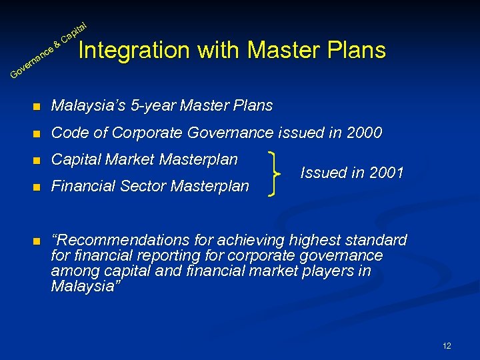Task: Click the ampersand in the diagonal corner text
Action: click(x=57, y=45)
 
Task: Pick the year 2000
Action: click(x=365, y=133)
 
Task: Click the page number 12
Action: click(x=447, y=345)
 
